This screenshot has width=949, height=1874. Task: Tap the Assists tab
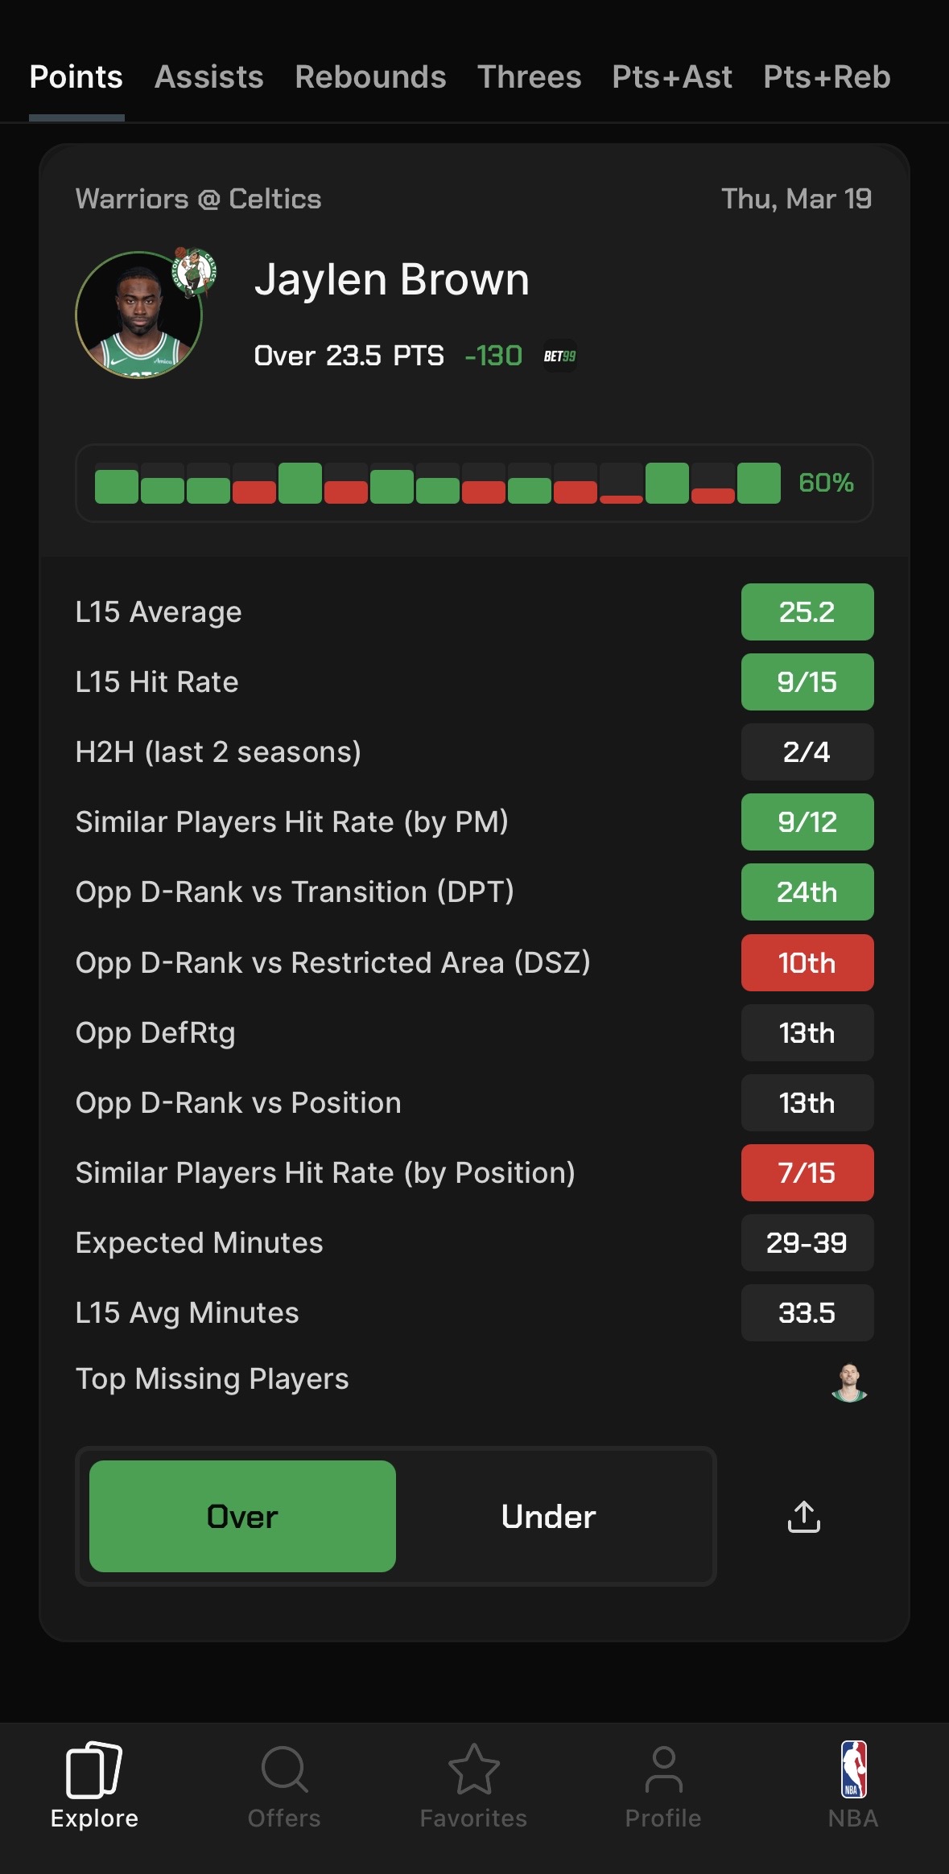coord(208,77)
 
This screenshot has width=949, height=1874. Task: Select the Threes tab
coord(529,77)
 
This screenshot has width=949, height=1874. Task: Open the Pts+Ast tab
coord(671,77)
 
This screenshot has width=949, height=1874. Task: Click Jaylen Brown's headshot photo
coord(138,316)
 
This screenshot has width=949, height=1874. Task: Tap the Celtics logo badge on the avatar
coord(194,271)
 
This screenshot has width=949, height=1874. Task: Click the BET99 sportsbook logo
coord(559,356)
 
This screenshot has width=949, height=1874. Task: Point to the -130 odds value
coord(493,356)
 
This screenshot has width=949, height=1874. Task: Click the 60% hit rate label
coord(826,483)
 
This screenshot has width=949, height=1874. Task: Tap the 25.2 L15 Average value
coord(807,612)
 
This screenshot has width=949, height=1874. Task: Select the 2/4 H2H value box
coord(807,752)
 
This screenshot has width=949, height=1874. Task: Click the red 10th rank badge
coord(807,963)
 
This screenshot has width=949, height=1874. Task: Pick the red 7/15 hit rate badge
coord(807,1173)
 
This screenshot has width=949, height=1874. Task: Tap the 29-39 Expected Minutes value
coord(807,1243)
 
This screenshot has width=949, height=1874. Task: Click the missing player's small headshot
coord(849,1382)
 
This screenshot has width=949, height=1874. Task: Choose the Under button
coord(548,1517)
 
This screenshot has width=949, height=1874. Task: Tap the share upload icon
coord(803,1517)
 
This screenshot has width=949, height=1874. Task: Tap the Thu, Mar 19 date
coord(796,199)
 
